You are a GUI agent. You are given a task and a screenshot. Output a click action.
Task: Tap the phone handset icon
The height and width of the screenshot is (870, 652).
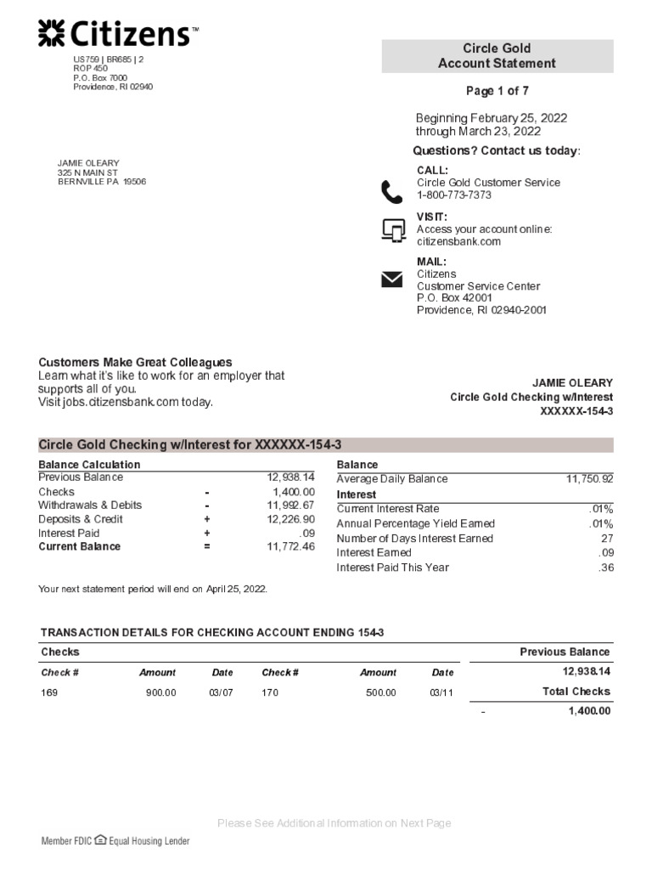(x=391, y=192)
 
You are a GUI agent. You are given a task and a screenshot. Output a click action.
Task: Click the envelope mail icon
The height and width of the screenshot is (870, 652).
(x=391, y=280)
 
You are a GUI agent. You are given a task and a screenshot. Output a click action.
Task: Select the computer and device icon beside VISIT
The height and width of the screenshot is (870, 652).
(x=392, y=229)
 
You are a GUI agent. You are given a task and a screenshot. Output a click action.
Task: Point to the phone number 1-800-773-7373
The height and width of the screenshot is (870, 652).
(x=453, y=195)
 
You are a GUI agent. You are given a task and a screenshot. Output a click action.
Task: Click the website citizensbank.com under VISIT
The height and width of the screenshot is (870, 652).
(x=458, y=241)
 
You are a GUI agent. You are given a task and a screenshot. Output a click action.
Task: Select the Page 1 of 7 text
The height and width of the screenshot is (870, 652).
(x=497, y=91)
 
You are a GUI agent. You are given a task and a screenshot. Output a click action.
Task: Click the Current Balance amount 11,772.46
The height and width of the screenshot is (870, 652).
(x=290, y=546)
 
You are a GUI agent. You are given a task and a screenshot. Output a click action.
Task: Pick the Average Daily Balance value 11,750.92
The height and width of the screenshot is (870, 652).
(x=589, y=479)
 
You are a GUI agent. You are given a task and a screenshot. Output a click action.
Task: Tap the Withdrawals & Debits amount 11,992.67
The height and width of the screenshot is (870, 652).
(x=290, y=506)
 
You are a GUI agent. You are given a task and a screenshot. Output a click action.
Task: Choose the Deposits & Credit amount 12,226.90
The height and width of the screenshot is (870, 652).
(x=290, y=519)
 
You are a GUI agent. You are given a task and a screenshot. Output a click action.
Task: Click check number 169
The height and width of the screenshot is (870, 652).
(x=49, y=692)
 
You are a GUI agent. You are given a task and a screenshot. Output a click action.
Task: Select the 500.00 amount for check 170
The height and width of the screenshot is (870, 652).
(x=380, y=692)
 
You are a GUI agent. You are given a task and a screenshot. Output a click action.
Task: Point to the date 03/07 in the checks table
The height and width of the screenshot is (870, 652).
(x=221, y=692)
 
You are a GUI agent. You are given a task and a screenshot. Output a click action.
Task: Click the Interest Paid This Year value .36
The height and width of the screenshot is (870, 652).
(x=605, y=568)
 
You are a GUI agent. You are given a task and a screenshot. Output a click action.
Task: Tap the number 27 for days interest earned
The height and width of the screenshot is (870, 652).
(x=606, y=539)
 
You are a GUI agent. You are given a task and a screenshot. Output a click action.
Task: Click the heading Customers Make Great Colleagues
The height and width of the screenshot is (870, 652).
(x=135, y=362)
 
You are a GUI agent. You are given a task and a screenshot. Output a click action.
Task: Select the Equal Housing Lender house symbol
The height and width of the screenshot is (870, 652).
(x=100, y=840)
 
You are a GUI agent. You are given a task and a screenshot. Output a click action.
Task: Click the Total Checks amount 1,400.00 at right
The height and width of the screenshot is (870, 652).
(x=588, y=711)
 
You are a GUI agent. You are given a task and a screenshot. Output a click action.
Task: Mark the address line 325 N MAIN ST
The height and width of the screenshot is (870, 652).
(x=87, y=172)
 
